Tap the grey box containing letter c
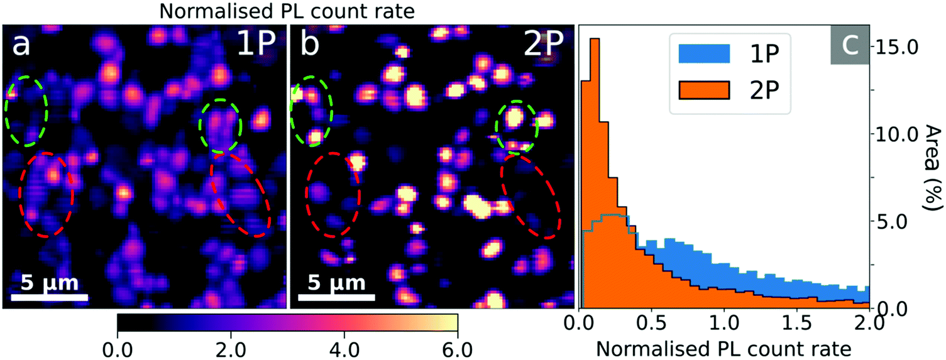coord(849,45)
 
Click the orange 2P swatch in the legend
coord(704,90)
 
